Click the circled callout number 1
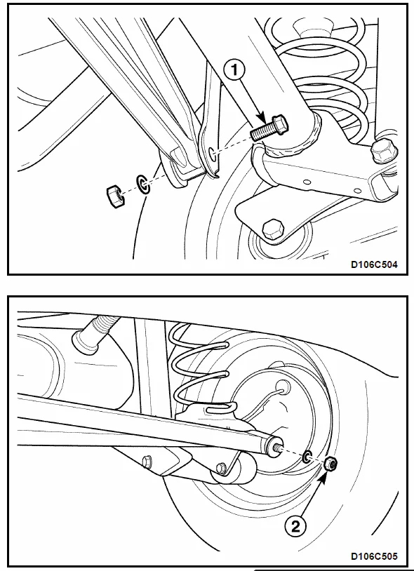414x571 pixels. pos(234,70)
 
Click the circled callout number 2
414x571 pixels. pos(295,526)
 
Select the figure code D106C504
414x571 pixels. pos(374,264)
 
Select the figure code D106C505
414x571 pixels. pos(374,556)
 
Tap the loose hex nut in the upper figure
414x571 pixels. pos(115,196)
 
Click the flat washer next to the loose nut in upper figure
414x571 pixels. pos(143,184)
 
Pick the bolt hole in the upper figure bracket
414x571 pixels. pos(213,154)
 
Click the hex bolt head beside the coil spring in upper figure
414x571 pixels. pos(383,151)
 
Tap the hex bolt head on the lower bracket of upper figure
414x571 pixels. pos(273,229)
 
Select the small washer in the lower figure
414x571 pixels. pos(307,456)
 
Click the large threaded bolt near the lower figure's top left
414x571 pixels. pos(98,332)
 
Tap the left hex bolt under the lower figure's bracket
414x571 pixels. pos(147,461)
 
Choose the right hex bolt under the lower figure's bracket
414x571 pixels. pos(221,468)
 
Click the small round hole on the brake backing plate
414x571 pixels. pos(283,386)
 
